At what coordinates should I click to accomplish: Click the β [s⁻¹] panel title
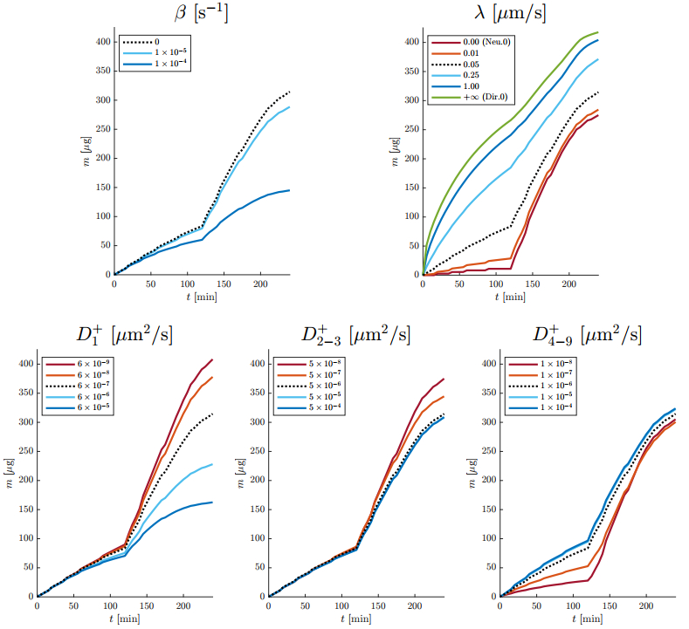coord(202,13)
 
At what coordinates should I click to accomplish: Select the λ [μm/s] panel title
coord(510,13)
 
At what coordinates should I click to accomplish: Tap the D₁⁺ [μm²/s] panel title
coord(123,335)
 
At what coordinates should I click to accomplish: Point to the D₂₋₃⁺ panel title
coord(355,335)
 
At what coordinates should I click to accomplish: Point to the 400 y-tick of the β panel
coord(103,42)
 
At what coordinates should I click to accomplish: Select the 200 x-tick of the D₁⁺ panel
coord(183,606)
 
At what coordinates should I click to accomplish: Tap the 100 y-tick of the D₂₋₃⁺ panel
coord(257,538)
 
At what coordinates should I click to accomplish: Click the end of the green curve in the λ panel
coord(597,32)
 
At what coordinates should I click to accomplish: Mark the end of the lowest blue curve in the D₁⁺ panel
coord(212,502)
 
